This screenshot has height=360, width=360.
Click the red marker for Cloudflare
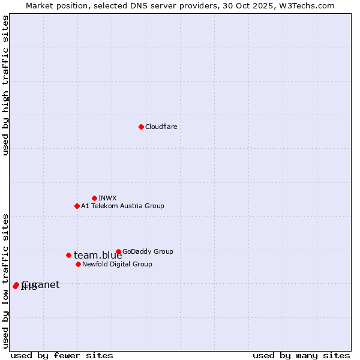141,127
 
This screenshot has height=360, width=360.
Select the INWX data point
94,198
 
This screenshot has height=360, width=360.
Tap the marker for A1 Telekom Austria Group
77,206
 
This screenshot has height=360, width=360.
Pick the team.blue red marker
68,255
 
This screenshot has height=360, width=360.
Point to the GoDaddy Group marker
118,251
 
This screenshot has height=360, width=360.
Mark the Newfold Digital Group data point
78,264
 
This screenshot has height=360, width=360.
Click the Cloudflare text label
161,127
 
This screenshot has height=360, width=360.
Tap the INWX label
107,198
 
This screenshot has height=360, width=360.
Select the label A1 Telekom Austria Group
122,206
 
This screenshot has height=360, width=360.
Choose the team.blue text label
98,256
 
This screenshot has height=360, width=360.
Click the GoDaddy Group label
148,251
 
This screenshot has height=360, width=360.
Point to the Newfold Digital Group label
117,264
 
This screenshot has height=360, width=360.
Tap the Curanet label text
41,284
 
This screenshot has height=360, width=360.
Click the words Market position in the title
56,5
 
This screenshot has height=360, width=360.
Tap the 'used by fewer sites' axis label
62,355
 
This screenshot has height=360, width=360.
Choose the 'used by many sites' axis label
301,355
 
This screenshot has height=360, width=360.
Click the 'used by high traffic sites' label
5,85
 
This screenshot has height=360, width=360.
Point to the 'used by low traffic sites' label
5,281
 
